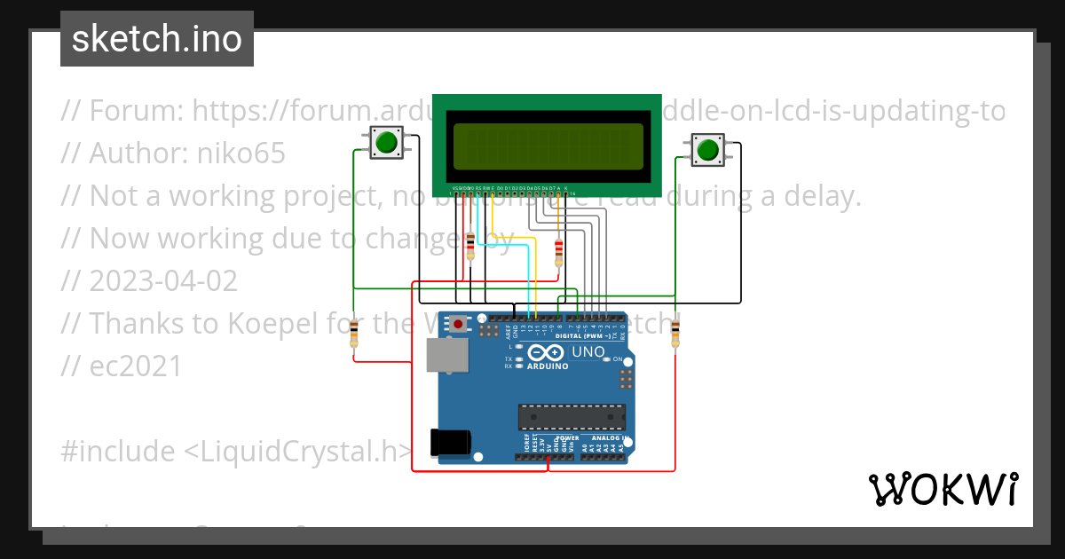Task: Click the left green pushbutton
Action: (385, 143)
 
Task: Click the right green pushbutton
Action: (706, 150)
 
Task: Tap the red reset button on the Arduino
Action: (458, 324)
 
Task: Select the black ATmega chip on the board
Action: (572, 417)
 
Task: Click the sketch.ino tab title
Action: (157, 39)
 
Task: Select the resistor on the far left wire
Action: (354, 335)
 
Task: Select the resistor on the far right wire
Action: (675, 335)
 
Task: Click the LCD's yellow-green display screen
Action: (548, 146)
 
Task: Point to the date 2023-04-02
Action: (163, 281)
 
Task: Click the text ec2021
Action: (135, 366)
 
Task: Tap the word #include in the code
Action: (118, 452)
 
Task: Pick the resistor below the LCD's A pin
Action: (558, 252)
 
